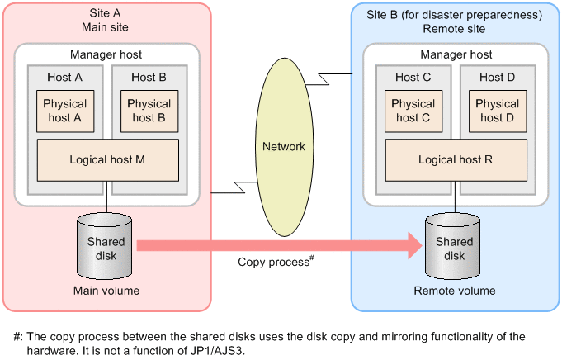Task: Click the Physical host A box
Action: tap(65, 111)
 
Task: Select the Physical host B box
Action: tap(149, 111)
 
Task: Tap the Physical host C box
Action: tap(413, 111)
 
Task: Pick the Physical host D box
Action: tap(498, 111)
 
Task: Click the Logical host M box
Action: tap(107, 160)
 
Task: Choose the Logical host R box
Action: tap(456, 160)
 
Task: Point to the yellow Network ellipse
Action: tap(283, 146)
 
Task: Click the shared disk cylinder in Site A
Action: tap(106, 247)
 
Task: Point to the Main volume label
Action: tap(106, 291)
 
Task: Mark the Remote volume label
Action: tap(455, 291)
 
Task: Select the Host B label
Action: tap(149, 78)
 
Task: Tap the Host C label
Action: tap(413, 78)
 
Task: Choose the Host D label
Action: tap(498, 78)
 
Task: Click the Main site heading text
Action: tap(106, 27)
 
